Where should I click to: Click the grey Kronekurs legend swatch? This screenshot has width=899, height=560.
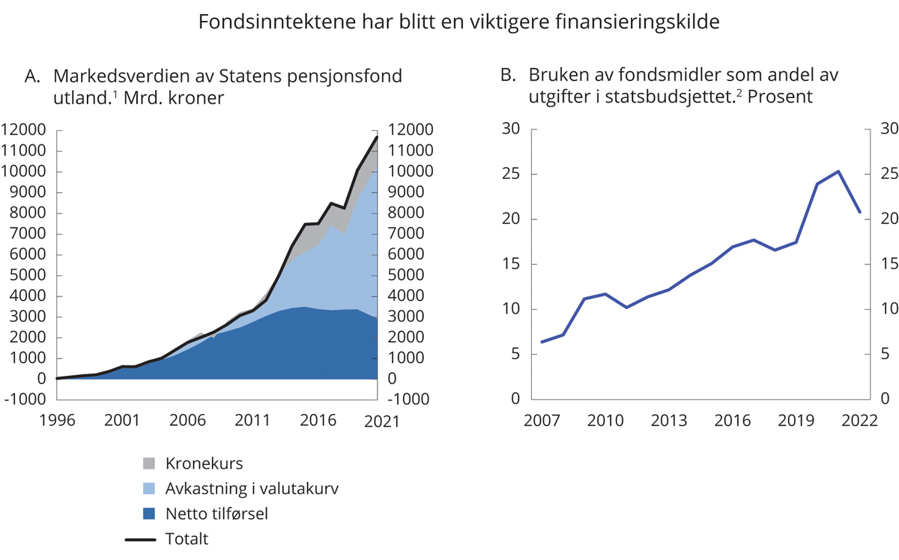pos(149,464)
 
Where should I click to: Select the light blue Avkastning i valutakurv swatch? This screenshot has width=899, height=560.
pos(149,489)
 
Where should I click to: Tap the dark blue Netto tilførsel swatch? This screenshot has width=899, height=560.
pos(149,514)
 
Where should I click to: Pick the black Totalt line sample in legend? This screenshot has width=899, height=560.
pos(149,538)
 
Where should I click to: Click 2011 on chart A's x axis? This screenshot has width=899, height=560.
pos(251,421)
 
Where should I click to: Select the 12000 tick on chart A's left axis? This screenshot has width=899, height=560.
pos(25,130)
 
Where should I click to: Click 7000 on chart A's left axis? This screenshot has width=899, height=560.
pos(28,234)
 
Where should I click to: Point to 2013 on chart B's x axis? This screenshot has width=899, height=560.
pos(669,421)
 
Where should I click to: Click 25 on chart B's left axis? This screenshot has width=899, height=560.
pos(510,174)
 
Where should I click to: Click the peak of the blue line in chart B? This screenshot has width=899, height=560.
pos(838,171)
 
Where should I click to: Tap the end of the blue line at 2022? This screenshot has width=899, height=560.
pos(859,212)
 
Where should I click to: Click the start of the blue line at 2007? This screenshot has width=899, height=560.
pos(541,342)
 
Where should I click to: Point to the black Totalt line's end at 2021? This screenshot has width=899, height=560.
pos(377,137)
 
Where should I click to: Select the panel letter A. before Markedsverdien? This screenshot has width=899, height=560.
pos(31,76)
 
